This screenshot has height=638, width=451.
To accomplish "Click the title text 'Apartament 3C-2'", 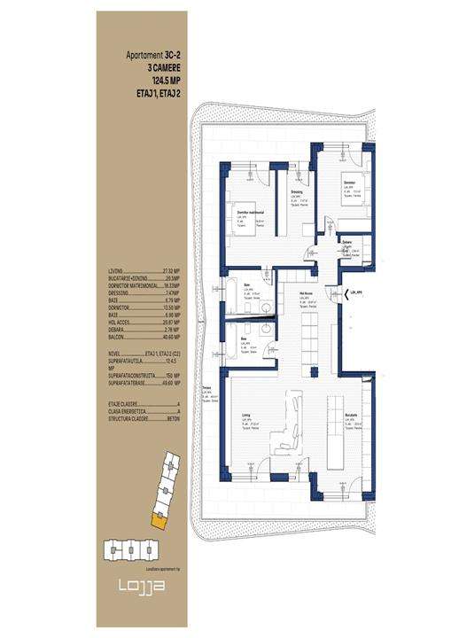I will pyautogui.click(x=153, y=54).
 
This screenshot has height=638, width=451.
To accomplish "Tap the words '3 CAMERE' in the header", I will pyautogui.click(x=162, y=66).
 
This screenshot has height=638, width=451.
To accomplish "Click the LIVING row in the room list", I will pyautogui.click(x=142, y=272).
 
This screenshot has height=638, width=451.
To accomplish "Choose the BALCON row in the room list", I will pyautogui.click(x=142, y=338).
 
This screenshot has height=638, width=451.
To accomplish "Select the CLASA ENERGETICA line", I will pyautogui.click(x=142, y=411).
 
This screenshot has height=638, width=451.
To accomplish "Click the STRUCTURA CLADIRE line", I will pyautogui.click(x=142, y=419).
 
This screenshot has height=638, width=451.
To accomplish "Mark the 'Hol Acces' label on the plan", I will pyautogui.click(x=306, y=297).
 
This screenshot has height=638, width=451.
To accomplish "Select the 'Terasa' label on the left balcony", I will pyautogui.click(x=206, y=388).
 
